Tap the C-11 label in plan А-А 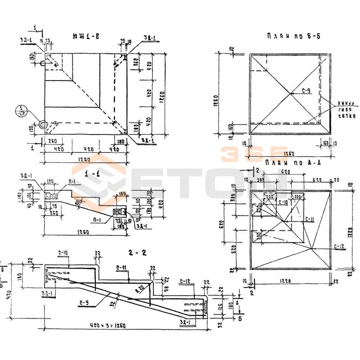pos(310,220)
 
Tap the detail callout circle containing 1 pos(21,110)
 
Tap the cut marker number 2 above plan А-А pos(257,170)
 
